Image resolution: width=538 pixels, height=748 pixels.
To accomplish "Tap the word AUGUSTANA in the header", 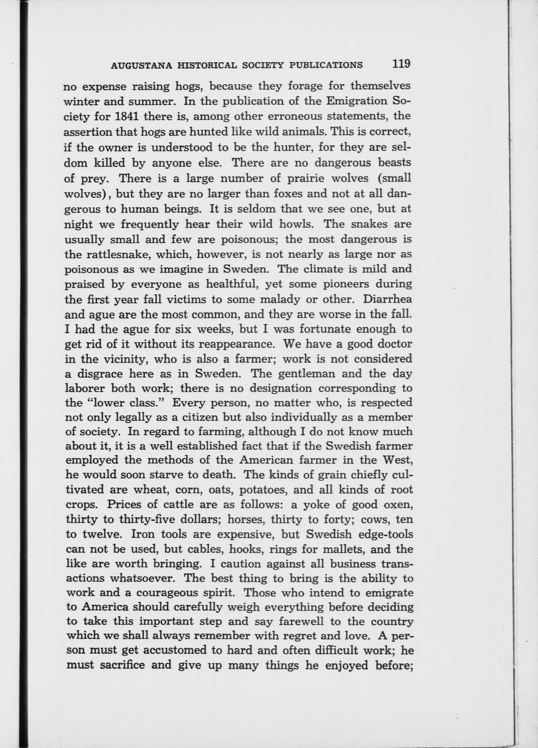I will [141, 66].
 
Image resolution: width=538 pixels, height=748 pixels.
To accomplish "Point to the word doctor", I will [393, 344].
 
